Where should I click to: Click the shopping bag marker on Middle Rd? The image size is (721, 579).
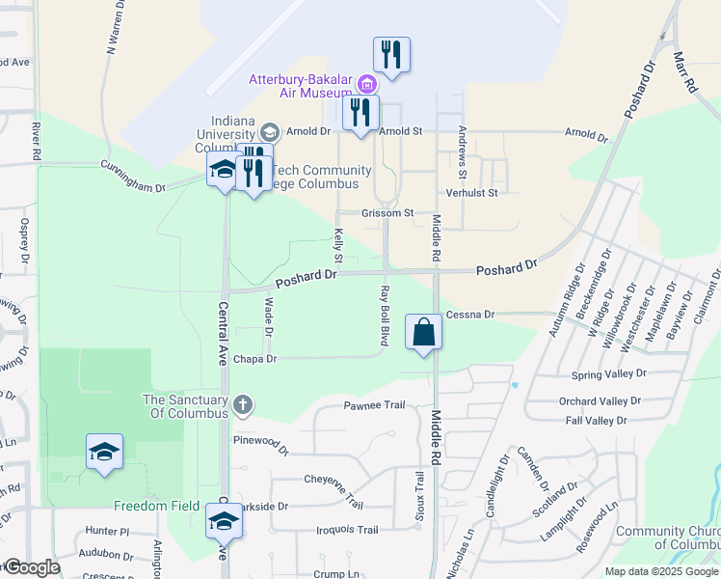click(423, 333)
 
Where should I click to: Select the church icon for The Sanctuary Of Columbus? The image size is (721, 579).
click(243, 403)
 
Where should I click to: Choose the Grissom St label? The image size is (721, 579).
click(387, 212)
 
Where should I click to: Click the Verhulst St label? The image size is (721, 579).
click(471, 193)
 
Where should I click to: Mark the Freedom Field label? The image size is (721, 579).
click(157, 507)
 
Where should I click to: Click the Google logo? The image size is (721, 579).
click(32, 567)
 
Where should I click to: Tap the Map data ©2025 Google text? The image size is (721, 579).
click(662, 571)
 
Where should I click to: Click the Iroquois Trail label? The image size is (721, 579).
click(348, 530)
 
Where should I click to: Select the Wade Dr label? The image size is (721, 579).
click(268, 317)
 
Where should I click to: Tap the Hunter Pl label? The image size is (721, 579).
click(106, 531)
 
